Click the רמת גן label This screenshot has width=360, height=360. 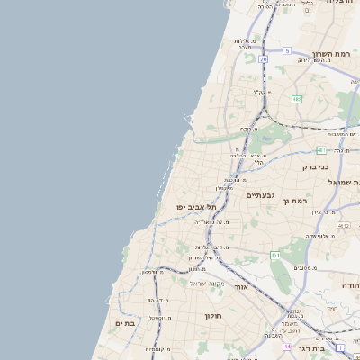294,202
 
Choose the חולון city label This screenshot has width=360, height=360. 212,315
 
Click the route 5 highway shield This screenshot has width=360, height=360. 286,51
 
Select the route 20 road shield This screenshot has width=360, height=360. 263,59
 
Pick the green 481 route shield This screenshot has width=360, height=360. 320,150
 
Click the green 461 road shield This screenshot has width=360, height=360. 274,256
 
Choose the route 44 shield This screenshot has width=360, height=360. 286,346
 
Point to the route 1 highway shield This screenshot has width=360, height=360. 341,346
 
